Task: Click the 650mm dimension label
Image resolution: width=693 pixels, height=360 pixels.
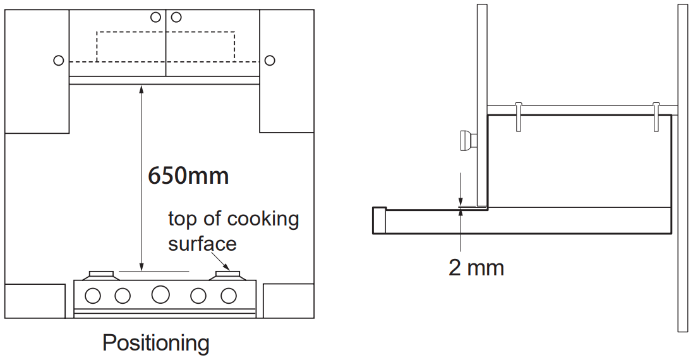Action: (x=188, y=175)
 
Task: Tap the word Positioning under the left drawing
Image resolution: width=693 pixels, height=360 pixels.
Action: (x=155, y=343)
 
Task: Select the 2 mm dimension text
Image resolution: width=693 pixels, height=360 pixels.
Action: (x=476, y=267)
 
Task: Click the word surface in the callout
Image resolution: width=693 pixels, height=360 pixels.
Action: (x=202, y=243)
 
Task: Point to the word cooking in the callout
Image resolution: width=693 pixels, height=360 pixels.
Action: (x=263, y=219)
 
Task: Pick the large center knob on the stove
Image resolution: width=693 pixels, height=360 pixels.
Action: (x=160, y=294)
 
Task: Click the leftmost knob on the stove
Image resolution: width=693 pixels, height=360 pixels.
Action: (x=93, y=295)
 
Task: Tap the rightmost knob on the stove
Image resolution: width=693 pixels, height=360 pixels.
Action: (x=228, y=295)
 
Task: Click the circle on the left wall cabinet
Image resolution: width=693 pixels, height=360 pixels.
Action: (x=58, y=61)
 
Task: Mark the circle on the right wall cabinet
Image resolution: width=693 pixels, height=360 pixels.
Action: (x=270, y=61)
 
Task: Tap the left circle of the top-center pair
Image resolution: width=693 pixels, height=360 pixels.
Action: (x=155, y=17)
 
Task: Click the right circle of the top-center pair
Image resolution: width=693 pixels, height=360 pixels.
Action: (x=176, y=17)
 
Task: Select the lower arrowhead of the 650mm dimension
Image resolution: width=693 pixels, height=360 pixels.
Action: (x=141, y=265)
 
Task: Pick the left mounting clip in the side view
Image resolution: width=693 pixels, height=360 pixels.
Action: (x=518, y=116)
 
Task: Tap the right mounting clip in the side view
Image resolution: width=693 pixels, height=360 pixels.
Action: (x=656, y=116)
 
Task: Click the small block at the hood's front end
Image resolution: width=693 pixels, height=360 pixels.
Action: (x=379, y=220)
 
